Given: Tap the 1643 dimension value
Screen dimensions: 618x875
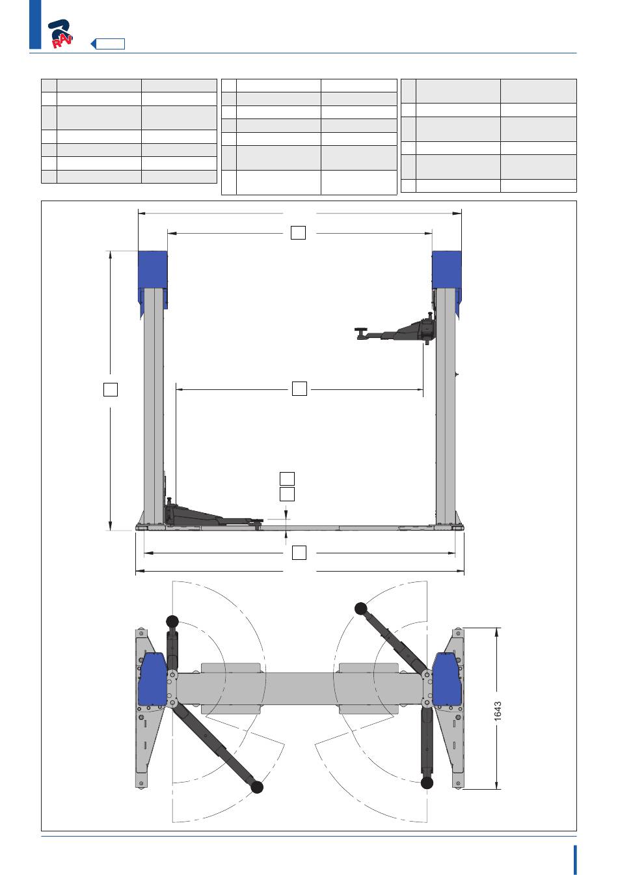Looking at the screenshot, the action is click(498, 711).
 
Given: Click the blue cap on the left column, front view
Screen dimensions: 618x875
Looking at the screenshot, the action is click(153, 279).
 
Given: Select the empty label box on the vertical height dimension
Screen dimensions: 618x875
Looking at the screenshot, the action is click(111, 389).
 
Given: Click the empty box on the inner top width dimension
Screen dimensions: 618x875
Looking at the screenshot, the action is click(298, 232).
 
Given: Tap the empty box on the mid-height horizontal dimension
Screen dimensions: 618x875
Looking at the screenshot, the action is click(299, 388).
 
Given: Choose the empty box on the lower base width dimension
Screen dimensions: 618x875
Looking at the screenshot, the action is click(299, 553).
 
